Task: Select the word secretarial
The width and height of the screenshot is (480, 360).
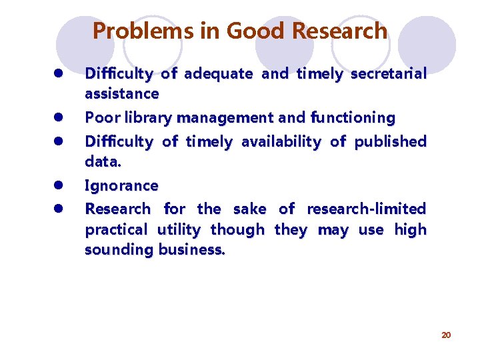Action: pyautogui.click(x=387, y=73)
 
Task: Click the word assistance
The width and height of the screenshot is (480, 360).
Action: pyautogui.click(x=121, y=94)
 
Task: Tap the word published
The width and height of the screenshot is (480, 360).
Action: pyautogui.click(x=390, y=141)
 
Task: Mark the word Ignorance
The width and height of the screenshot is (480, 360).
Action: pyautogui.click(x=121, y=185)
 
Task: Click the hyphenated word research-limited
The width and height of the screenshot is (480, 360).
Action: pyautogui.click(x=366, y=209)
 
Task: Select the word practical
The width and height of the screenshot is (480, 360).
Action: pyautogui.click(x=116, y=230)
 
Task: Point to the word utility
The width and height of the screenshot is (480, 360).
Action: pyautogui.click(x=179, y=230)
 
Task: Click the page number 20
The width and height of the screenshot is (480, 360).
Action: pyautogui.click(x=446, y=335)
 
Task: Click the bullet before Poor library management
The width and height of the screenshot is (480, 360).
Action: pyautogui.click(x=59, y=118)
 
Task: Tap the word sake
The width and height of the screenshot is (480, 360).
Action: pyautogui.click(x=249, y=209)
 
